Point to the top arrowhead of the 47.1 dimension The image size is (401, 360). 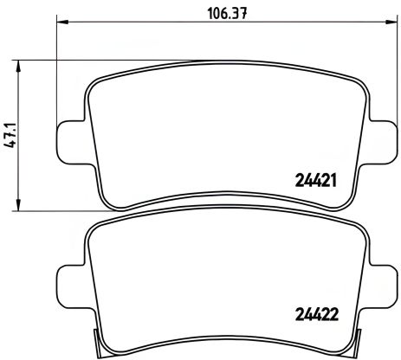pyautogui.click(x=20, y=65)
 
